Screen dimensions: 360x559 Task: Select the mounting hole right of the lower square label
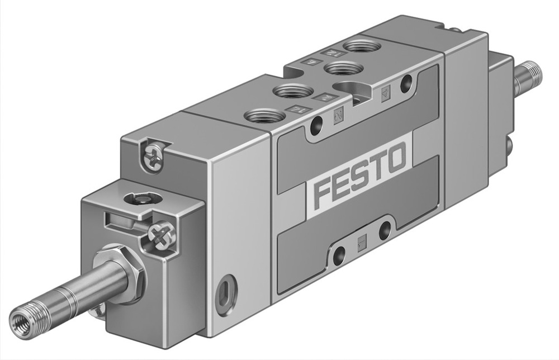[384, 230]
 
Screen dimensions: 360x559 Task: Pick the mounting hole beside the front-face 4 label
[413, 82]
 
